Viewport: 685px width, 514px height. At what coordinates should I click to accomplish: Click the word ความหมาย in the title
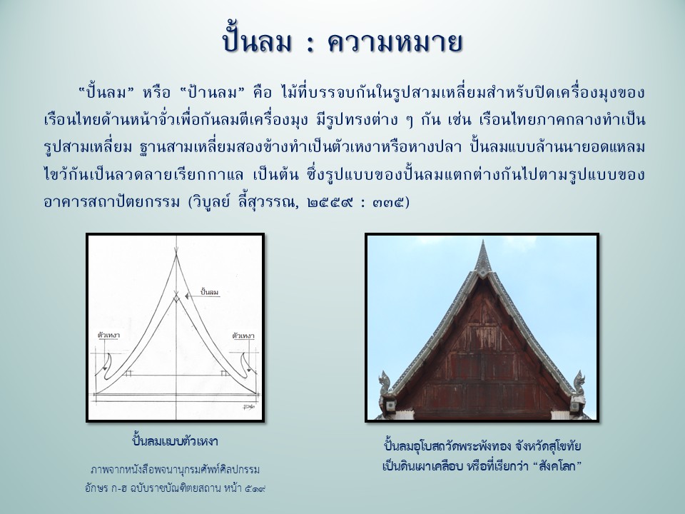coord(395,41)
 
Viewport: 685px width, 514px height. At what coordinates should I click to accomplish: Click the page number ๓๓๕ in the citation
coord(388,202)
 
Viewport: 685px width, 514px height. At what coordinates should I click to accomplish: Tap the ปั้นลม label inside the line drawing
coord(209,291)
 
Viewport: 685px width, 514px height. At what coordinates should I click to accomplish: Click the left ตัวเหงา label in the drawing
coord(108,336)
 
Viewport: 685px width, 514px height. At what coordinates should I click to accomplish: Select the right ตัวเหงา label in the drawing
coord(243,336)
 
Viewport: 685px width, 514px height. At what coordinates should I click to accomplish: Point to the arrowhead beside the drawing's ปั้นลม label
coord(187,296)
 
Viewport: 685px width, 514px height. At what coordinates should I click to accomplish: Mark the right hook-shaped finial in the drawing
coord(246,364)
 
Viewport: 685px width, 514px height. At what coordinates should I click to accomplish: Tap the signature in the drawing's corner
coord(250,408)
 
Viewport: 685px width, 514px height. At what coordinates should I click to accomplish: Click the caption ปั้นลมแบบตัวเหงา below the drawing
coord(175,440)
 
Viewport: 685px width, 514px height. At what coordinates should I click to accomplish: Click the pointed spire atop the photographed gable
coord(482,258)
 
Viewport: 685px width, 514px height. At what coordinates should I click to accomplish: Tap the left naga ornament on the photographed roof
coord(385,383)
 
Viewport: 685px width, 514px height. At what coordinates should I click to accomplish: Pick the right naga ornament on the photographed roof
coord(579,383)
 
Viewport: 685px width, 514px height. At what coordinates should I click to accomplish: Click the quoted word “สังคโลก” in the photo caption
coord(558,466)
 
